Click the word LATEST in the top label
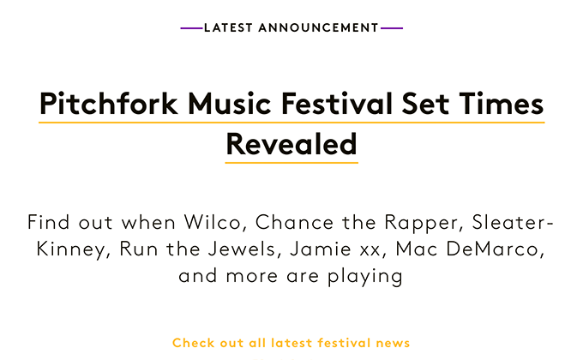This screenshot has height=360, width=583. (x=228, y=28)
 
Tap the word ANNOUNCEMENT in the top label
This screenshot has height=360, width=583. (x=319, y=28)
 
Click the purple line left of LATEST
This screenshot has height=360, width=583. (x=192, y=28)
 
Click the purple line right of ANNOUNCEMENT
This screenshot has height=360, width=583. (x=392, y=28)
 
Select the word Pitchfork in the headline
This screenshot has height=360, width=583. (x=109, y=103)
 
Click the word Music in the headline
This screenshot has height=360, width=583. (x=230, y=103)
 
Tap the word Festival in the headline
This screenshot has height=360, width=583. (x=337, y=103)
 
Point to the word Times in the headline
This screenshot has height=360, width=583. (x=502, y=103)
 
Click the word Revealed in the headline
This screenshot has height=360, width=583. (x=291, y=144)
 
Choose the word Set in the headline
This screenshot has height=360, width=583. (x=425, y=103)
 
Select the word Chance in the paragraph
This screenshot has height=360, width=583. (x=294, y=222)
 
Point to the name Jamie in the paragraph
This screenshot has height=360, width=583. (x=321, y=249)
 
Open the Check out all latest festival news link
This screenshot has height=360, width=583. (x=291, y=343)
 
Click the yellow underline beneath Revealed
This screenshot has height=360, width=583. (x=291, y=163)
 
